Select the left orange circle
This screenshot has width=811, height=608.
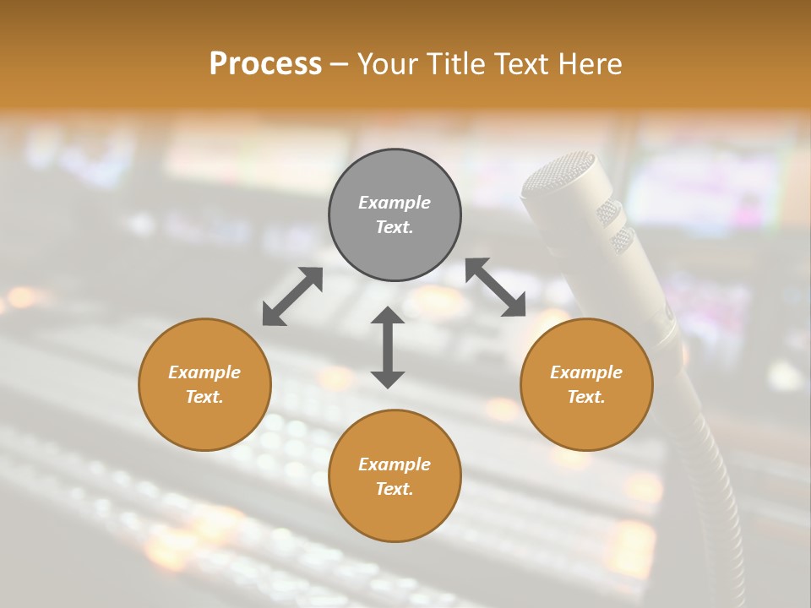coord(204,384)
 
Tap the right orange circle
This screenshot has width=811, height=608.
coord(586,384)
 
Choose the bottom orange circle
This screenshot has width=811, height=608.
coord(395,476)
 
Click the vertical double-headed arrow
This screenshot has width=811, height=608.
coord(388,347)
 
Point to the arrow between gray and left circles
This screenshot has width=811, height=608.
coord(292,296)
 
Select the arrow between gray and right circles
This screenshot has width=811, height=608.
coord(495,287)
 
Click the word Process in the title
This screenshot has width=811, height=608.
coord(265,63)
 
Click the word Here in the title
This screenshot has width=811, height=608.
coord(591,63)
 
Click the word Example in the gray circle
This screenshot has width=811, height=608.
coord(395,203)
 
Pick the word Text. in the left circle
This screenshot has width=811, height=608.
coord(204,397)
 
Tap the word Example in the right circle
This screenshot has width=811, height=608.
coord(586,372)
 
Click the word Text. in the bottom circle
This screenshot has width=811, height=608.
coord(395,489)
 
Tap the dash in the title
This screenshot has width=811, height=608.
coord(340,64)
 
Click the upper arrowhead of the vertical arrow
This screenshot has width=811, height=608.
coord(388,315)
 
